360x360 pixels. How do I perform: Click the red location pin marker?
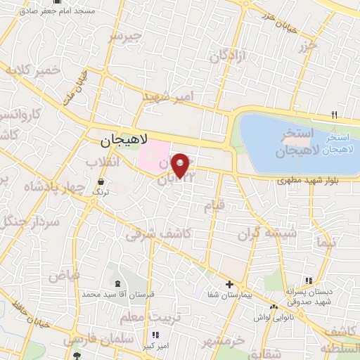(x=181, y=165)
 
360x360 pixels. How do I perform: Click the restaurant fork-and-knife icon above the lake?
(x=335, y=115)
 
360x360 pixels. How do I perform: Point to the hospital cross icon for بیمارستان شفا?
(x=229, y=285)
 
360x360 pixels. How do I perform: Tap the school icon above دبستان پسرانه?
(x=309, y=281)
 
